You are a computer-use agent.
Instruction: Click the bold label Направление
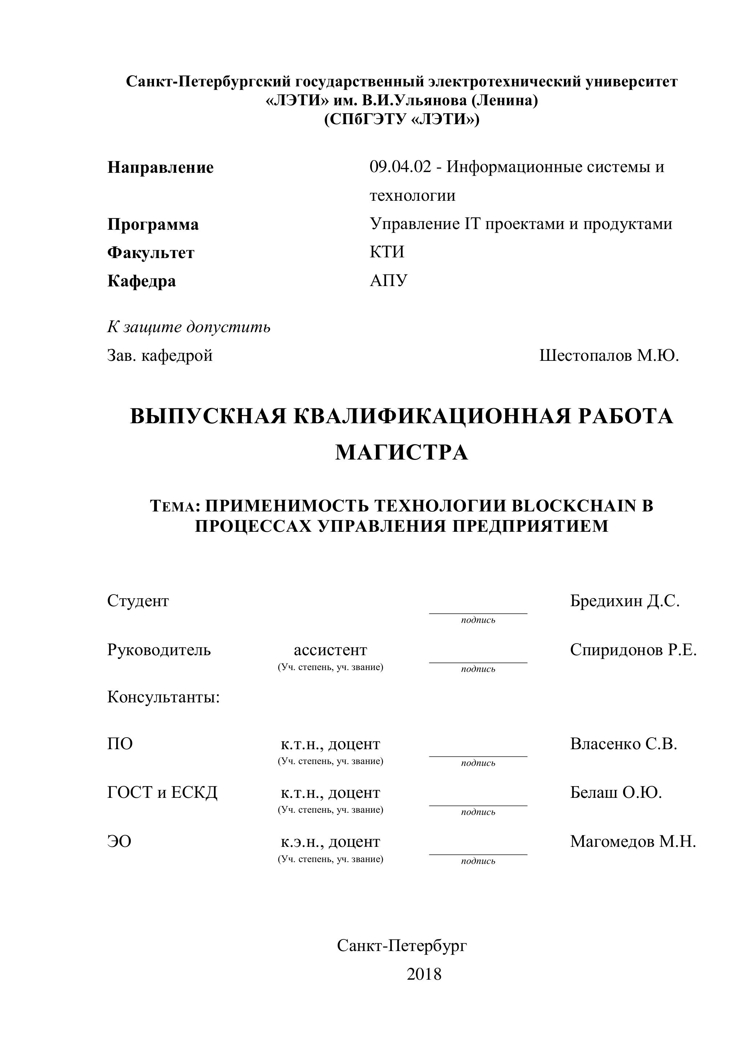coord(161,167)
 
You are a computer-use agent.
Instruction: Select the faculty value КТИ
coord(387,252)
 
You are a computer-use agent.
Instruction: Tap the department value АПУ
coord(389,281)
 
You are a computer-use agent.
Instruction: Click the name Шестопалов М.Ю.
coord(609,355)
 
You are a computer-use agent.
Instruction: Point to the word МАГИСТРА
coord(401,452)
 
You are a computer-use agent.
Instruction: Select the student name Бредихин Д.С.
coord(624,601)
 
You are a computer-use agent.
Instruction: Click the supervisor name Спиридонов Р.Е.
coord(633,650)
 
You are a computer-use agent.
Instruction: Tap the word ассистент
coord(330,650)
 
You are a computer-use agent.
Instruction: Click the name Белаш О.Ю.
coord(616,792)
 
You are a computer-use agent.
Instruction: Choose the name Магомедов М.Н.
coord(633,841)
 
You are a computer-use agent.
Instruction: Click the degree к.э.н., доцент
coord(330,841)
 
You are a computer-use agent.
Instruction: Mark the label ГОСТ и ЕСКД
coord(162,792)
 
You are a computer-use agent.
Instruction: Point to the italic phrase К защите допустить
coord(189,327)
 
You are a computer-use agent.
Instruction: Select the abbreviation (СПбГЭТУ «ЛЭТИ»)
coord(401,120)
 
